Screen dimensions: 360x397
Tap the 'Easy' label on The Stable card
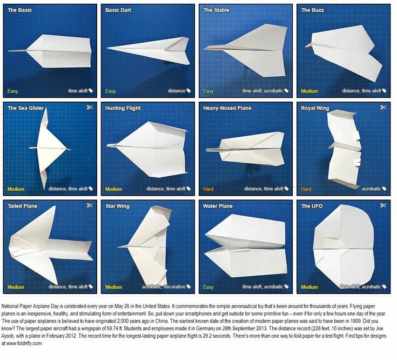pyautogui.click(x=208, y=91)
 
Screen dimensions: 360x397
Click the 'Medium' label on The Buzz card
pyautogui.click(x=309, y=91)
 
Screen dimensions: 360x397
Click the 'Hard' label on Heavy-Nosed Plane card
pyautogui.click(x=208, y=189)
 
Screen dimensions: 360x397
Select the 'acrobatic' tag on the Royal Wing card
pyautogui.click(x=371, y=189)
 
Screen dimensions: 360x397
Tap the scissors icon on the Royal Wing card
pyautogui.click(x=383, y=108)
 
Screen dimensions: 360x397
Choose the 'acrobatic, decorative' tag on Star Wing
pyautogui.click(x=163, y=287)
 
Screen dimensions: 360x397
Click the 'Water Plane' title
pyautogui.click(x=218, y=206)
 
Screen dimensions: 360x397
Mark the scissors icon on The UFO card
pyautogui.click(x=383, y=205)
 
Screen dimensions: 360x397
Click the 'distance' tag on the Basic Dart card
pyautogui.click(x=176, y=91)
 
